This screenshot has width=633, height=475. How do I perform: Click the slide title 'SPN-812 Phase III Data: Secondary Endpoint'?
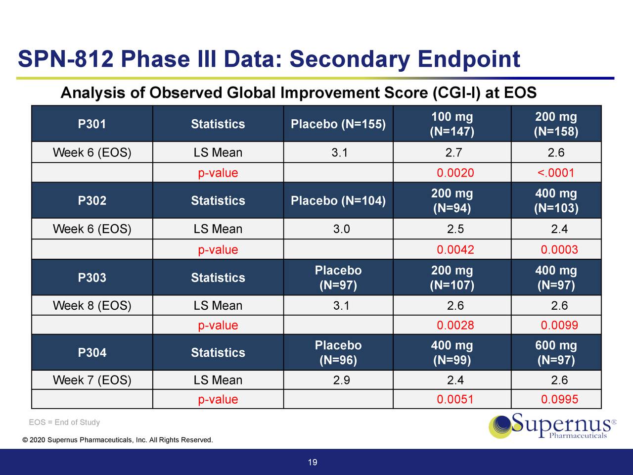[269, 59]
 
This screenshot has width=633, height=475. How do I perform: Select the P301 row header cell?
[92, 124]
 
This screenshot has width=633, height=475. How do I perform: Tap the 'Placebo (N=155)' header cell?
[338, 124]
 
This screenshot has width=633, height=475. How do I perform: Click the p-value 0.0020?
[455, 173]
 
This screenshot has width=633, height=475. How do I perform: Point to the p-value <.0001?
[556, 173]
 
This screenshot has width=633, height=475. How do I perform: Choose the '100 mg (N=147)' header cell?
[452, 124]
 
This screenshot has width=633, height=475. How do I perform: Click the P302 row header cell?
[92, 201]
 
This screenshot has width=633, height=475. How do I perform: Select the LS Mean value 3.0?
[341, 229]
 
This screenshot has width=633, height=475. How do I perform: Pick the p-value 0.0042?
[455, 249]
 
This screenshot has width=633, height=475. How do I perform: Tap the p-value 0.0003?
[559, 249]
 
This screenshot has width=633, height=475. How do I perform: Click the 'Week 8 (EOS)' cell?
[92, 306]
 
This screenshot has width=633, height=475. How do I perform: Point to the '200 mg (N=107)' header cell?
[452, 278]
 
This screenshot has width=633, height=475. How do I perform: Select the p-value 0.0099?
[559, 325]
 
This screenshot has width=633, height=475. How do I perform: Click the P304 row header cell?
[92, 353]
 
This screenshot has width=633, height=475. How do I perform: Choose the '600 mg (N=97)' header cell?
[556, 353]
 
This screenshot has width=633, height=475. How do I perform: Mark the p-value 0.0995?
[559, 399]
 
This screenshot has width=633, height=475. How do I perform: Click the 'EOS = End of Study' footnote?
[64, 422]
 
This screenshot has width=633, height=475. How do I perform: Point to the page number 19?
[313, 463]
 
